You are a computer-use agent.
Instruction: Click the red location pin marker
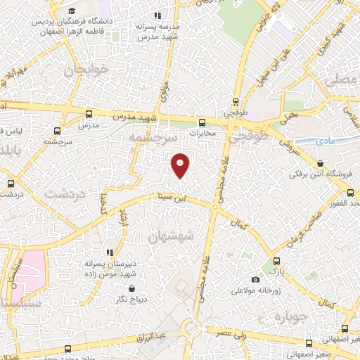pyautogui.click(x=181, y=165)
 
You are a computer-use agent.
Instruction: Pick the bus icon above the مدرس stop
pyautogui.click(x=87, y=113)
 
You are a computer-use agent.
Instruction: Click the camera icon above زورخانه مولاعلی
pyautogui.click(x=255, y=280)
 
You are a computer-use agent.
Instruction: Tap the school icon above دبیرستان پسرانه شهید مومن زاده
pyautogui.click(x=109, y=251)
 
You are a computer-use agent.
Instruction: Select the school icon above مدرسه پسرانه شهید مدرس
pyautogui.click(x=158, y=15)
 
